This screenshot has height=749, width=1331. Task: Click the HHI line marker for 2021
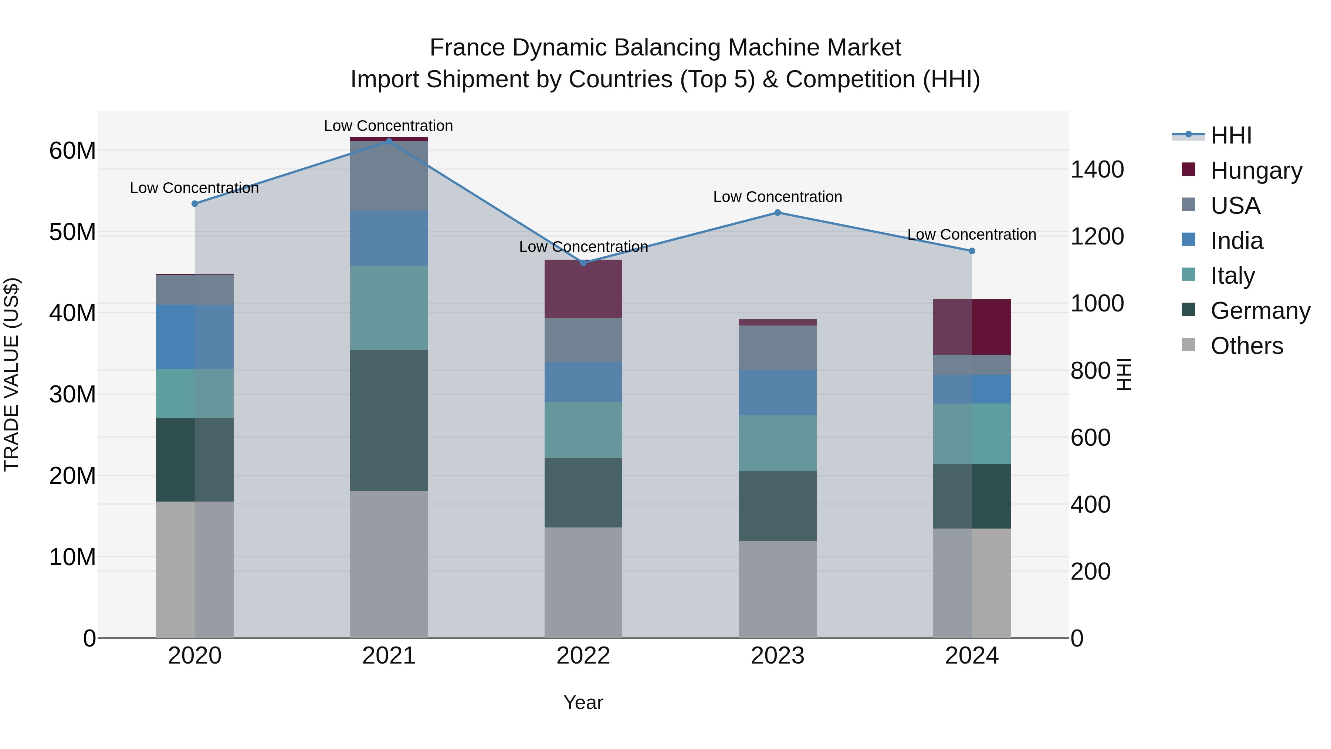tap(389, 141)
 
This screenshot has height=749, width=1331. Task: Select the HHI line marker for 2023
tap(778, 212)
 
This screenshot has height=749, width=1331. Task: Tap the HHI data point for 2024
tap(972, 251)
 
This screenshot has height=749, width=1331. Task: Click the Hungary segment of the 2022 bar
tap(583, 289)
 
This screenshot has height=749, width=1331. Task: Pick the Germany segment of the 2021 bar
tap(389, 420)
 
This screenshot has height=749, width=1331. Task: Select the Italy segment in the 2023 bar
tap(778, 443)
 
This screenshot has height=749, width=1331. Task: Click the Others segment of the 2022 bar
tap(583, 583)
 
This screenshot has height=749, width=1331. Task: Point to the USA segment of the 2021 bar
tap(389, 176)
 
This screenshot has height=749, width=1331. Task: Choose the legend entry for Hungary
tap(1256, 170)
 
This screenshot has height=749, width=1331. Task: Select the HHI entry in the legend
tap(1231, 135)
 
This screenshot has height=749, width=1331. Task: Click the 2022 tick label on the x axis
tap(583, 656)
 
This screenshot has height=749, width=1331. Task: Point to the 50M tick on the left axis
tap(72, 232)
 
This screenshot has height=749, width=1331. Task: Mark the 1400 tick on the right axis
tap(1097, 169)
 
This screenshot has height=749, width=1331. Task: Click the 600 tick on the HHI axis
tap(1090, 438)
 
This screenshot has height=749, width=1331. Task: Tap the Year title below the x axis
tap(583, 702)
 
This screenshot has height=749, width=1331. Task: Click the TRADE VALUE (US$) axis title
tap(11, 374)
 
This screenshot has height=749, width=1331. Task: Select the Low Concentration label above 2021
tap(389, 126)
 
